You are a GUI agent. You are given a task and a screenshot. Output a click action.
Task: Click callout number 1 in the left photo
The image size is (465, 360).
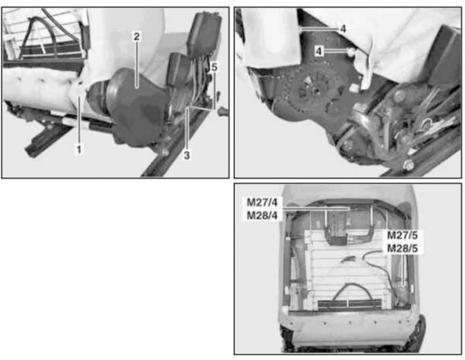(79, 150)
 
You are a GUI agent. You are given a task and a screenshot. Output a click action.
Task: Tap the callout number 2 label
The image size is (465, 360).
(136, 37)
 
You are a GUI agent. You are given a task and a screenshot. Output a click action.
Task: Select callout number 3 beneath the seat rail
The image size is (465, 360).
(187, 155)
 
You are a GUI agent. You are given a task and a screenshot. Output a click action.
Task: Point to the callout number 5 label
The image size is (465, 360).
(214, 67)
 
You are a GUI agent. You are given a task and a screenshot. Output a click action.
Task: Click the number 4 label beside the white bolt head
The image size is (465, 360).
(319, 51)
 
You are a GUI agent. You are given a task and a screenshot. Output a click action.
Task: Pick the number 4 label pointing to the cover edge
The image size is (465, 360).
(343, 29)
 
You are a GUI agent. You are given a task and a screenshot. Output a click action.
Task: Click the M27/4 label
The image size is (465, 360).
(262, 203)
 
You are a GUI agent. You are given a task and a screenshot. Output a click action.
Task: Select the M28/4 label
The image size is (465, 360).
(262, 215)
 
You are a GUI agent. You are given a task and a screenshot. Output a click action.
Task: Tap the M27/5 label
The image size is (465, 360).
(402, 235)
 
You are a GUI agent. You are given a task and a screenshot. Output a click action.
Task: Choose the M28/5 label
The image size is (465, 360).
(402, 248)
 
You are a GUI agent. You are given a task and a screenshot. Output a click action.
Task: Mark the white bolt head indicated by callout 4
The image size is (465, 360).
(351, 52)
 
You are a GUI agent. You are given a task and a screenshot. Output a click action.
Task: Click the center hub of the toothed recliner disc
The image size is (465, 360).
(316, 89)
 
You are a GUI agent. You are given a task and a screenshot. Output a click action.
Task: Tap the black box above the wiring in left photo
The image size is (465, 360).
(204, 33)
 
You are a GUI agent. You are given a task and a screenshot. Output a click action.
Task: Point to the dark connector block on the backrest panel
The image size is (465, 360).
(336, 239)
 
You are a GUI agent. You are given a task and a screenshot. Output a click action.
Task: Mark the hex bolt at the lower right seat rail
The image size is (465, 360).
(409, 166)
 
